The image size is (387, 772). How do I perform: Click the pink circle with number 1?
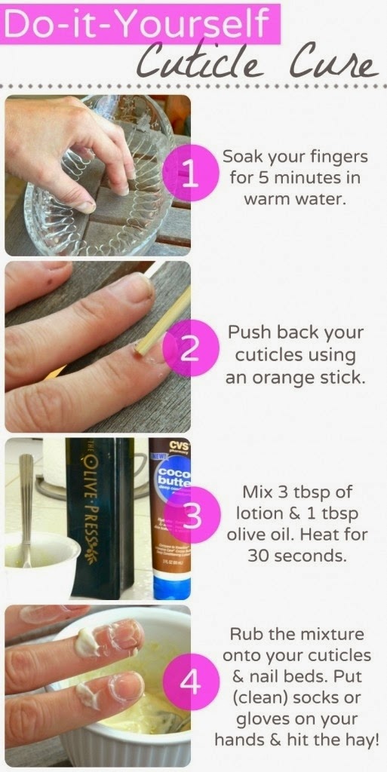click(190, 173)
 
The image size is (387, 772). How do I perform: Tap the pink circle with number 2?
click(191, 348)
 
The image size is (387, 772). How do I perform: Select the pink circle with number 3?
click(192, 515)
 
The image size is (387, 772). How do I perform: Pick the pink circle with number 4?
click(191, 682)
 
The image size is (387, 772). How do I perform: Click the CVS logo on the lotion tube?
click(178, 446)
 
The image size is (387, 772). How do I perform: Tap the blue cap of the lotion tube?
click(171, 587)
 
